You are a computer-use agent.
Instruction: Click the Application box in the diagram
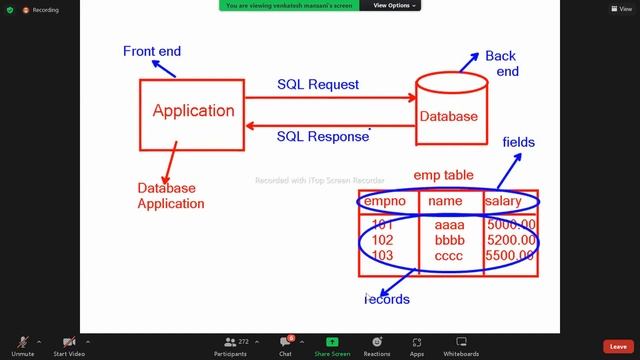tap(193, 111)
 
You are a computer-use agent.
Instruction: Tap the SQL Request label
tap(318, 85)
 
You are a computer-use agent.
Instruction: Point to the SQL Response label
tap(323, 136)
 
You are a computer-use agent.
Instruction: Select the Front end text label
tap(152, 51)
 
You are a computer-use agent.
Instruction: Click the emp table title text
tap(443, 176)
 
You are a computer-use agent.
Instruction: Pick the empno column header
tap(384, 202)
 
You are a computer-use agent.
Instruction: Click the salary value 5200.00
tap(510, 241)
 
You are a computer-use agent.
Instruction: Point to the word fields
tap(518, 143)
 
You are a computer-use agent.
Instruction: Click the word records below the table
tap(388, 299)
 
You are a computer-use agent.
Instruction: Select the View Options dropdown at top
tap(396, 6)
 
